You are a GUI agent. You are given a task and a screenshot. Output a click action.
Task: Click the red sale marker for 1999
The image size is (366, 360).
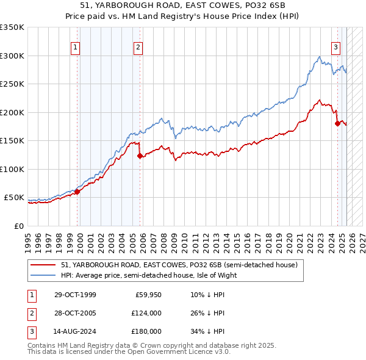77,192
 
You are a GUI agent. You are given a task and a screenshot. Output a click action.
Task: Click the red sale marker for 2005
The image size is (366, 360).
140,156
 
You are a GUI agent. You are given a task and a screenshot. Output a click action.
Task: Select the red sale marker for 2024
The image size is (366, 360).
337,124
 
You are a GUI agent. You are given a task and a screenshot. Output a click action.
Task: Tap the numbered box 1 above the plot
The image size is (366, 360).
75,47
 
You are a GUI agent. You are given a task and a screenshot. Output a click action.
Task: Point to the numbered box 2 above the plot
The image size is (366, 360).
138,47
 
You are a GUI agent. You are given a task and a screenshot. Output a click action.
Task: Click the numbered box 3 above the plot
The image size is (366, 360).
335,47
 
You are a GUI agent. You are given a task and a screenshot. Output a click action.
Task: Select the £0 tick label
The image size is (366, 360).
19,226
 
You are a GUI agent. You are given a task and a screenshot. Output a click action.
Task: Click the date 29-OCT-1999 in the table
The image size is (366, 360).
75,295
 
